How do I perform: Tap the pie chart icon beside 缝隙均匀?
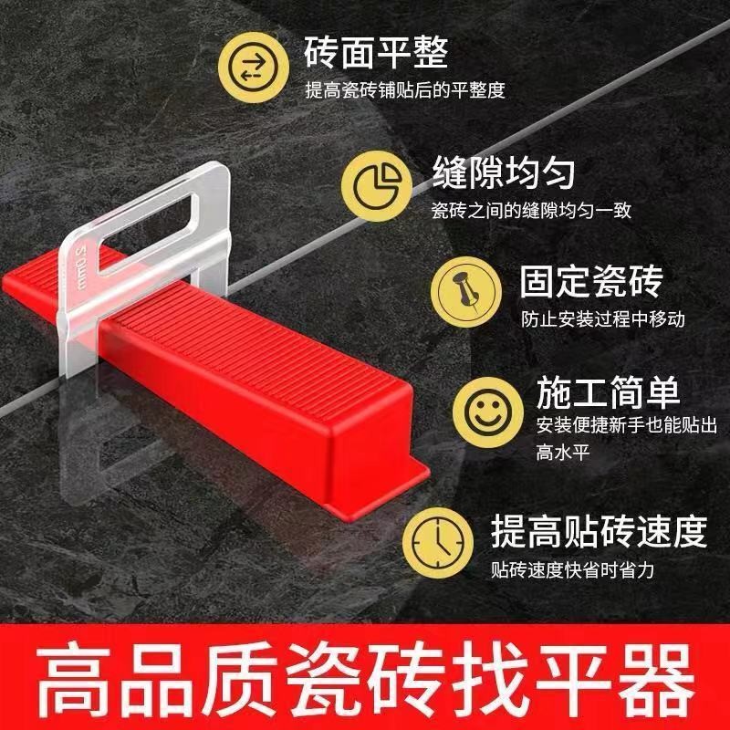372,185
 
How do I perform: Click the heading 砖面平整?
376,51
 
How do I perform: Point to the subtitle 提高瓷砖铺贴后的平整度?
404,89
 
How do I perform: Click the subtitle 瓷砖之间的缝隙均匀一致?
532,211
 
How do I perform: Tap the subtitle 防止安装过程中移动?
603,319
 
